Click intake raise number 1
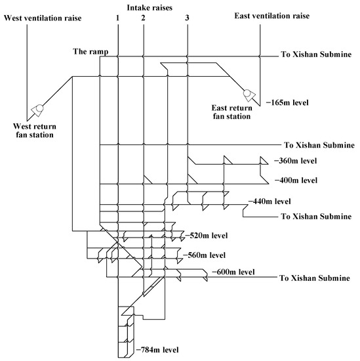pos(117,18)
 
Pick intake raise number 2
pos(143,18)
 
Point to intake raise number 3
pos(188,18)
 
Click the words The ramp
pos(91,51)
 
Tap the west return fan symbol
pos(37,108)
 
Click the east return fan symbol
pos(250,94)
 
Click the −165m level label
pos(287,104)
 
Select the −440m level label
pos(266,201)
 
